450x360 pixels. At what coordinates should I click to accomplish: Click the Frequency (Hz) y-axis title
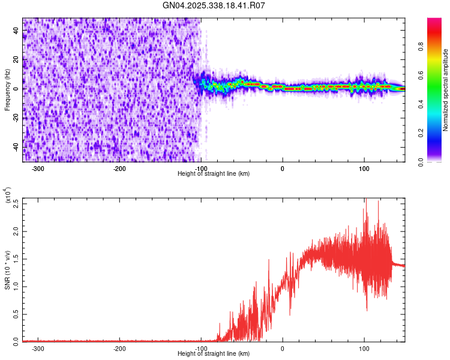coord(7,89)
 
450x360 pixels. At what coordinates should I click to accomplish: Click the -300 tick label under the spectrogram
coord(38,169)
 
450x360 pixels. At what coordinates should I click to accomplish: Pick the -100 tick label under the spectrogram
coord(201,169)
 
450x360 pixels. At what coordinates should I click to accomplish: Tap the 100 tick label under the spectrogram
coord(364,169)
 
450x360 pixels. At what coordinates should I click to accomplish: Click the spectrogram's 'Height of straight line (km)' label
coord(214,174)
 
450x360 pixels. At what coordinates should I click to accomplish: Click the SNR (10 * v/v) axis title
coord(7,270)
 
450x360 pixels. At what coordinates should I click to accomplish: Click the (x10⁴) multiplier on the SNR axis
coord(7,196)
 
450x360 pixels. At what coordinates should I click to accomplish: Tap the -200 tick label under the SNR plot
coord(120,349)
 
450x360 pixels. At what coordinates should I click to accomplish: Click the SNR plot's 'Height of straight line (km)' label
coord(214,354)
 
